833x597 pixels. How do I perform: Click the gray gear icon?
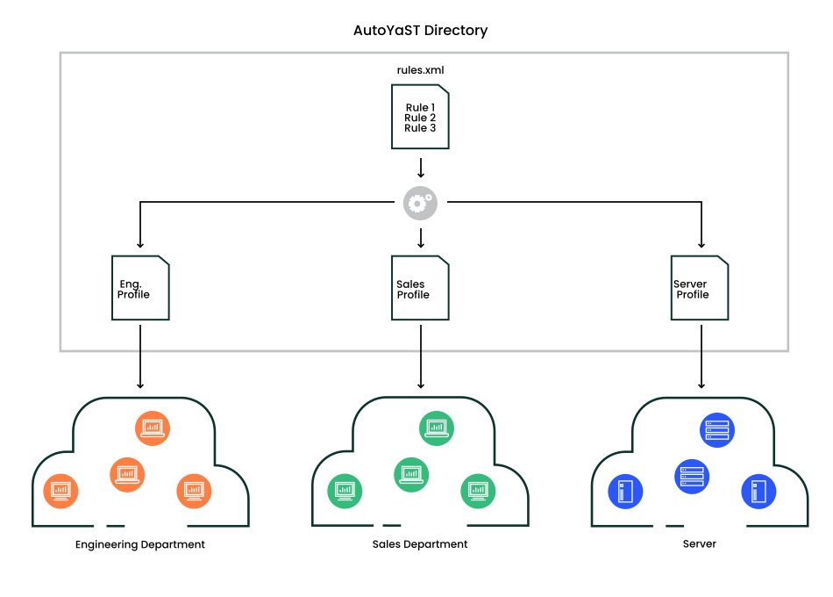coord(420,203)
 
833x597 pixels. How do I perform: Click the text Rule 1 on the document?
coord(420,108)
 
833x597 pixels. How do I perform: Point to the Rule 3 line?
coord(420,128)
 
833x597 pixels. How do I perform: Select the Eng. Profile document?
coord(140,288)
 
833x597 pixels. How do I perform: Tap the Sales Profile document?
coord(420,288)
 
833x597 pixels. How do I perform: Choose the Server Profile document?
coord(699,288)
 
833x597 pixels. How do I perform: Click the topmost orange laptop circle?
coord(153,428)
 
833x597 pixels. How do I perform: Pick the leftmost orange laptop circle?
coord(61,491)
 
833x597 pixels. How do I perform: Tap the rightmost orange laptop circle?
coord(194,491)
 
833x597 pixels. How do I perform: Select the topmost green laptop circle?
coord(437,428)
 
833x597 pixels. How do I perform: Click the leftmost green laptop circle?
coord(345,491)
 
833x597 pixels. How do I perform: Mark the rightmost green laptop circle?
coord(478,491)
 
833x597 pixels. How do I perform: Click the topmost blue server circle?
coord(716,430)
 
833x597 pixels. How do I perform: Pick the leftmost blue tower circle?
coord(625,492)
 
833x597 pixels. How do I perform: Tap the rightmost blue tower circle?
coord(758,492)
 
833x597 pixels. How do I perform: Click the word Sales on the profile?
coord(410,284)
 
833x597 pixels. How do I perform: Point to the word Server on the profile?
coord(690,284)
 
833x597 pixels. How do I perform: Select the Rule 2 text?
coord(420,118)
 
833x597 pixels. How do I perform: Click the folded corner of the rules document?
coord(443,90)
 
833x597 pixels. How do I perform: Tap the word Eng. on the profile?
coord(131,284)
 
